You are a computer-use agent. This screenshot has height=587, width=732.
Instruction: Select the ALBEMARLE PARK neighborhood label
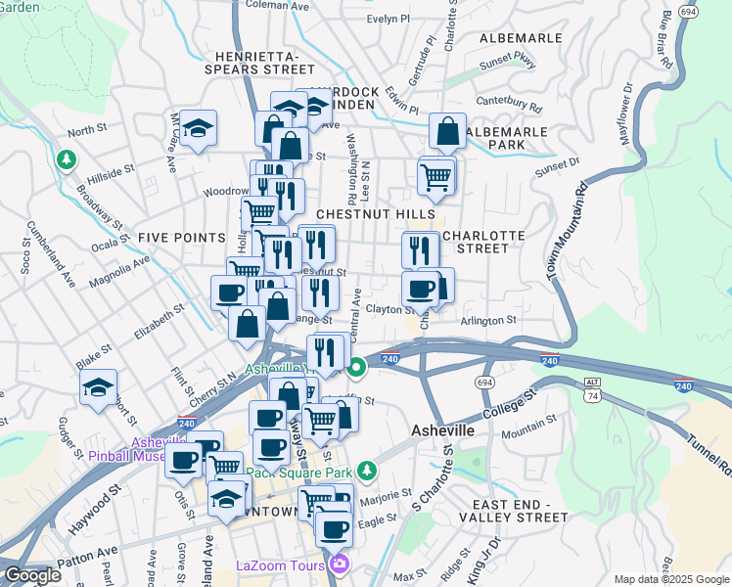(x=509, y=137)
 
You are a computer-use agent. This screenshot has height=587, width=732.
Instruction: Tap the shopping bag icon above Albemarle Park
(x=447, y=131)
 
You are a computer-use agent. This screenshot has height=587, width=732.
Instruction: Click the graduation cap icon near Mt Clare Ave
(x=198, y=128)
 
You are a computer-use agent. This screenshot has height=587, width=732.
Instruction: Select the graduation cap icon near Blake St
(x=98, y=388)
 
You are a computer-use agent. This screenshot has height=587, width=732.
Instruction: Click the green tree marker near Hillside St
(x=66, y=158)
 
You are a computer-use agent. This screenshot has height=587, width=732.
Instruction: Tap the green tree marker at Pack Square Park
(x=366, y=472)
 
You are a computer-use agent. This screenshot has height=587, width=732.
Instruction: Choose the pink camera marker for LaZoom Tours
(x=340, y=564)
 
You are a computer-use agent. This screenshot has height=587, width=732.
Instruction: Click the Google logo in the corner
(x=32, y=576)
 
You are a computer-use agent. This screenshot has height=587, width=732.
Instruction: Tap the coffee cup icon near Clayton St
(x=421, y=290)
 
